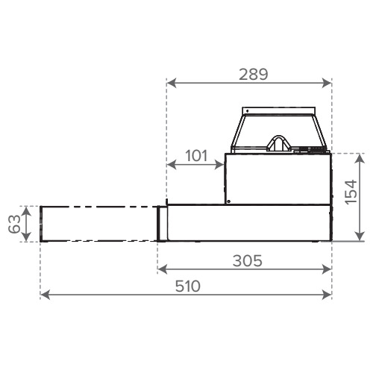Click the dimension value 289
coord(254,75)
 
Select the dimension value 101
coord(196,156)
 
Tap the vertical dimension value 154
coord(351,192)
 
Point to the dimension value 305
coord(248,261)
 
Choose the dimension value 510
coord(188,286)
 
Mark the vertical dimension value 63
coord(14,224)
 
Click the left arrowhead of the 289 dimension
coord(172,83)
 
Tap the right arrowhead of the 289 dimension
coord(327,83)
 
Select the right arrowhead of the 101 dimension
coord(219,164)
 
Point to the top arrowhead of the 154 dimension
coord(360,158)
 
